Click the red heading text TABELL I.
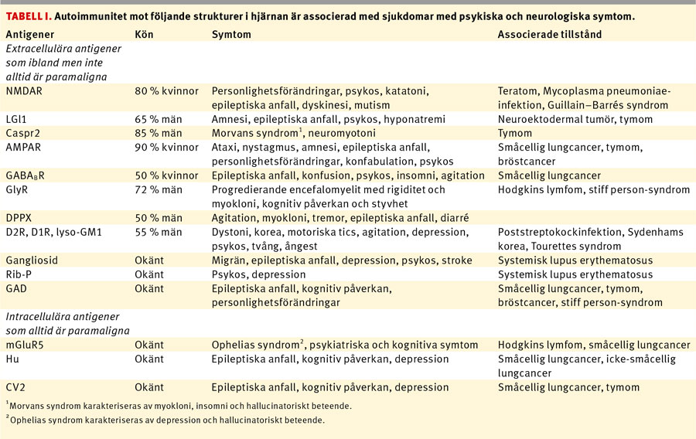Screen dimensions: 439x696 pyautogui.click(x=29, y=15)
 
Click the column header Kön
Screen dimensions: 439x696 pyautogui.click(x=144, y=35)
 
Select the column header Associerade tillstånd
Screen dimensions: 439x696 pyautogui.click(x=549, y=35)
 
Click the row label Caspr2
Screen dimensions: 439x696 pyautogui.click(x=22, y=133)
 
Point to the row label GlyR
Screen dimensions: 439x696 pyautogui.click(x=19, y=189)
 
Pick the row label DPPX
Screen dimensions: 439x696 pyautogui.click(x=21, y=217)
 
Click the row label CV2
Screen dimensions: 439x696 pyautogui.click(x=17, y=387)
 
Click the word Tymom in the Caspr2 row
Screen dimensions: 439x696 pyautogui.click(x=516, y=133)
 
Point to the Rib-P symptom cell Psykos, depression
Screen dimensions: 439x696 pyautogui.click(x=258, y=274)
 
